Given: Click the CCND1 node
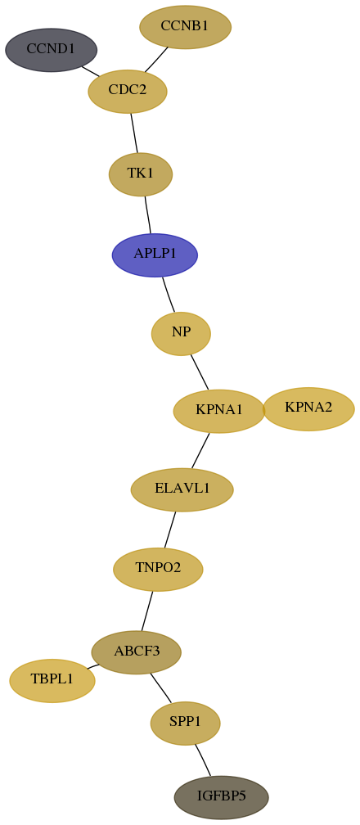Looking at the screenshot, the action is click(x=51, y=50).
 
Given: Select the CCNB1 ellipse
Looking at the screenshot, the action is click(x=185, y=27).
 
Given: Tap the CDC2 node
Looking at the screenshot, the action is click(x=128, y=91).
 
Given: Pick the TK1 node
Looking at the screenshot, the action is click(x=141, y=174).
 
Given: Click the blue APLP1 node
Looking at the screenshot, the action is click(x=155, y=255).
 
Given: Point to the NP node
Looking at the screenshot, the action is click(x=181, y=334).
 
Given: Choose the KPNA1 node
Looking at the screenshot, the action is click(x=219, y=411).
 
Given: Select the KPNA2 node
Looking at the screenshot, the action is click(x=308, y=409).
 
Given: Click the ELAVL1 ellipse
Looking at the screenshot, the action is click(x=182, y=489).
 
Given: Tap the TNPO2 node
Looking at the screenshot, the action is click(x=158, y=569).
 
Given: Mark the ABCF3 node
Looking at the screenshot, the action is click(x=137, y=652).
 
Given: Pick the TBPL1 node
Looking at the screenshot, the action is click(x=52, y=680).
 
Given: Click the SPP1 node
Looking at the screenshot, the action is click(x=185, y=723).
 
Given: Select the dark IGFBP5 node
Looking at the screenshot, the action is click(x=222, y=797).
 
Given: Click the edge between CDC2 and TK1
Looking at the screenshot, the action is click(x=134, y=133).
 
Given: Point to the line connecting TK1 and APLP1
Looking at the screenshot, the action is click(x=148, y=214).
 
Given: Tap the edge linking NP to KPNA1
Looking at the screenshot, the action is click(x=200, y=372).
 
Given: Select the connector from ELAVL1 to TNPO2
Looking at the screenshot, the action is click(x=170, y=530).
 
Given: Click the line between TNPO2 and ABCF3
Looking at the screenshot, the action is click(x=146, y=611).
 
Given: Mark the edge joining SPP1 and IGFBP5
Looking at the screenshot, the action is click(x=203, y=760).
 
